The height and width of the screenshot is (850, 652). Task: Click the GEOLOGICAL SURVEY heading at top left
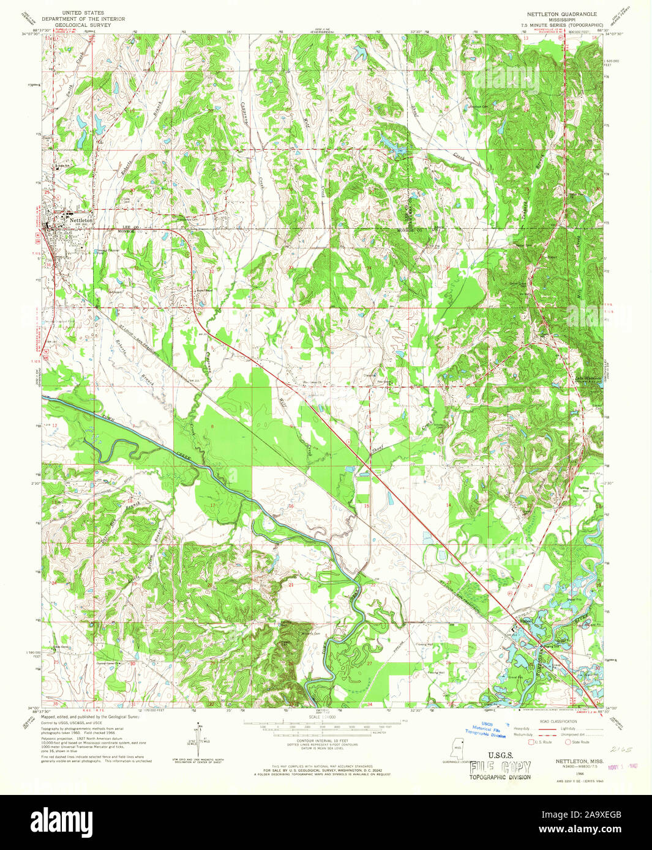click(87, 25)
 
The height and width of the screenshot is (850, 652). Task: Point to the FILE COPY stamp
click(500, 768)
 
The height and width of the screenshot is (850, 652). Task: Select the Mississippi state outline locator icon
click(457, 748)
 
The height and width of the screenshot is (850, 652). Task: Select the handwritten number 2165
click(619, 748)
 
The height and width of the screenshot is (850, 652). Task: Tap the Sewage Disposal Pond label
click(108, 249)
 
